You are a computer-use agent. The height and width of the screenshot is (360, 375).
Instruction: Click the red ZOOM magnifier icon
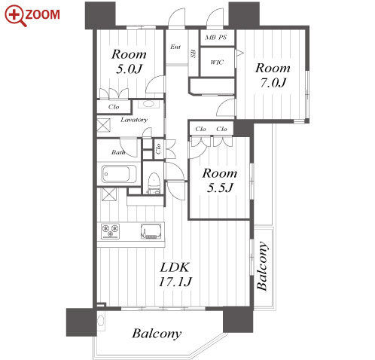tap(16, 16)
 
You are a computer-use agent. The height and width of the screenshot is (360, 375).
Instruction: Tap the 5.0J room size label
tap(129, 69)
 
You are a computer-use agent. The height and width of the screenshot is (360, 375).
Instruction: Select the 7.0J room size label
tap(273, 83)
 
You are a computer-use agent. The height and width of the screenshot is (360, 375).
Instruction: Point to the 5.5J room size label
tap(220, 188)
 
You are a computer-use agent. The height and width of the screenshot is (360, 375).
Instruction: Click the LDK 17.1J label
tap(175, 274)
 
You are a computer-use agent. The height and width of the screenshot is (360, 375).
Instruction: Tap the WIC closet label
tap(217, 62)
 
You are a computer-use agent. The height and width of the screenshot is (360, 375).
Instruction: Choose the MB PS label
tap(216, 38)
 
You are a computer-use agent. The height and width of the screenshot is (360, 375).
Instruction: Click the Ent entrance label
tap(175, 47)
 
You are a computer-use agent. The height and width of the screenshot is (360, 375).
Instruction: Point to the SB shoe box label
tap(194, 53)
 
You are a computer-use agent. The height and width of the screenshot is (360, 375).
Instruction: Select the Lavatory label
tap(134, 120)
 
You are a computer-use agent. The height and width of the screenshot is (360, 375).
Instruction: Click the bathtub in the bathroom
tap(116, 174)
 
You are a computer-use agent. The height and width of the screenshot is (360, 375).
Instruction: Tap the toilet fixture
tap(154, 183)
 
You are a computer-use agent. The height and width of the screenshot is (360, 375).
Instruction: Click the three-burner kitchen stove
tap(111, 231)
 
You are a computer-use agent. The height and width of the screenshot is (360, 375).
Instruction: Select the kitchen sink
tap(151, 231)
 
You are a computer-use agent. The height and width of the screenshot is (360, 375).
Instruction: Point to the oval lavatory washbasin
tap(148, 104)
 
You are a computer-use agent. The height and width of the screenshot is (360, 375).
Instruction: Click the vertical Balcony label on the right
tap(262, 266)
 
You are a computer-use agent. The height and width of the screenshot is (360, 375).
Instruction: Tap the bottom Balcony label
tap(157, 334)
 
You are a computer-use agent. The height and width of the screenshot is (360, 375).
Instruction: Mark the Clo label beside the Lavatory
tap(114, 107)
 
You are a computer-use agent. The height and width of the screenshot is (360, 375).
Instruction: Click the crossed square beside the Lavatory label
tap(104, 125)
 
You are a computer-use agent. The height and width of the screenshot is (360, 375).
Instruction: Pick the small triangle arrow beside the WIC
tap(239, 53)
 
